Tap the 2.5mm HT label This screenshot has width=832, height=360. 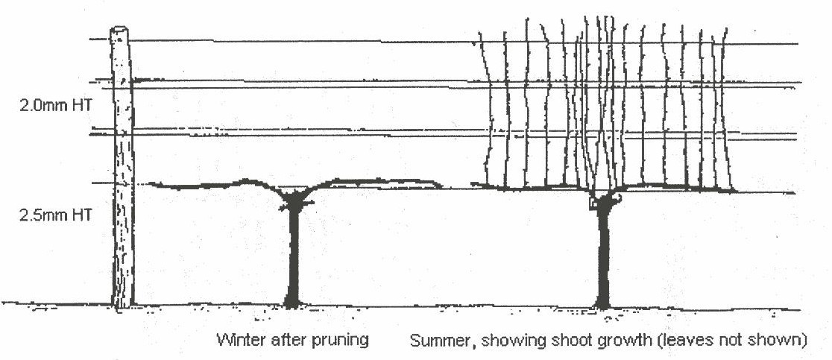[55, 215]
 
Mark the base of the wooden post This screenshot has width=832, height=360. [122, 303]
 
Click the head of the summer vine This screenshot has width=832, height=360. [605, 198]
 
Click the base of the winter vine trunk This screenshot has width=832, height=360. [292, 303]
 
